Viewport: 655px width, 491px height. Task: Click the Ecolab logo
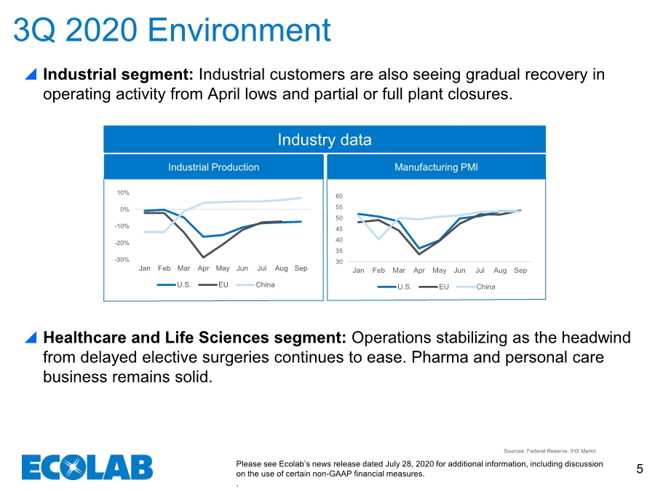coord(87,467)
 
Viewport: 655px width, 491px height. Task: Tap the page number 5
coord(640,469)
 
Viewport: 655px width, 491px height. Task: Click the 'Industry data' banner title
coord(325,140)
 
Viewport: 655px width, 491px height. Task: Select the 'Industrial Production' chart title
coord(213,167)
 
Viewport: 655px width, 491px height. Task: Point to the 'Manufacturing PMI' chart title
coord(436,167)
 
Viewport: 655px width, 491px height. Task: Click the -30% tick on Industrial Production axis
coord(122,260)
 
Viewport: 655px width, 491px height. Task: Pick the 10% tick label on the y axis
coord(123,193)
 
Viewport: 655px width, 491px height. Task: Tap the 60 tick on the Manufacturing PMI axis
coord(339,196)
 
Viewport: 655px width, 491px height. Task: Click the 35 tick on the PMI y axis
coord(339,251)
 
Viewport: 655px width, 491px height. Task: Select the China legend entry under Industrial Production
coord(255,284)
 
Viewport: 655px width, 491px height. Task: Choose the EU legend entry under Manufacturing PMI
coord(434,287)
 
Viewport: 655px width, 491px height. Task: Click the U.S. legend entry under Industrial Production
coord(174,284)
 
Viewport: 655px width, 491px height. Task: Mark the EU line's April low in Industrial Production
coord(203,258)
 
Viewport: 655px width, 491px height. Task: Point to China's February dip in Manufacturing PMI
coord(378,239)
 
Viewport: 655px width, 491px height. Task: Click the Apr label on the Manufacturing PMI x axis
coord(419,271)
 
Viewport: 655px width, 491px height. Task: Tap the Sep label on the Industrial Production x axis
coord(301,268)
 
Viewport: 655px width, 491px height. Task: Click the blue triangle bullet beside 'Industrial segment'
coord(31,74)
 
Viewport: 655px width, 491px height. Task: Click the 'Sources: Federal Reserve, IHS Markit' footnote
coord(549,451)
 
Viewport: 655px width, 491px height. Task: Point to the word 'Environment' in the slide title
coord(239,30)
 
